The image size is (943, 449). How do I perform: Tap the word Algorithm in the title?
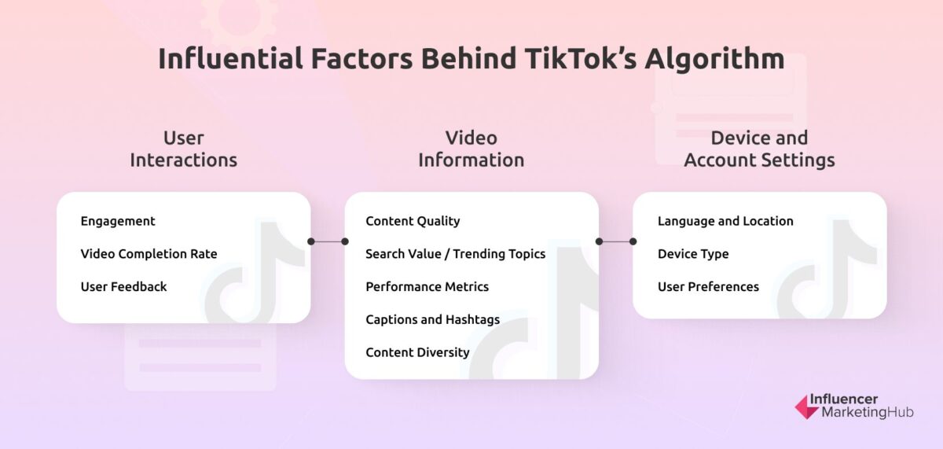coord(714,60)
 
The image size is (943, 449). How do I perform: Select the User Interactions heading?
coord(183,149)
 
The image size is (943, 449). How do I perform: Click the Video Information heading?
coord(471,149)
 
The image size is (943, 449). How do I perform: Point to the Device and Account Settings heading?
coord(759,149)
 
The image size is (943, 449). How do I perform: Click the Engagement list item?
coord(118,221)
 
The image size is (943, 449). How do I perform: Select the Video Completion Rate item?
coord(149,254)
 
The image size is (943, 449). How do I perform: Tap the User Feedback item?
coord(123,287)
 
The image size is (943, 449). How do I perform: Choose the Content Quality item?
coord(413,221)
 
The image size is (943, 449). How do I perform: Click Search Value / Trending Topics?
coord(455,254)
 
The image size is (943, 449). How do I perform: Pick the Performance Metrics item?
coord(427,287)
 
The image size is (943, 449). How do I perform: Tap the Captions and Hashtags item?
coord(432,320)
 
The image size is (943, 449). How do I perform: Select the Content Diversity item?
coord(417,352)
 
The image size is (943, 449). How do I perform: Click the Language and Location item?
coord(725,221)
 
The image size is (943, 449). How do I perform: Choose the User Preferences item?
coord(708,287)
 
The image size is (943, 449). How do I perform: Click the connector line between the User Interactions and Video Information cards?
coord(328,241)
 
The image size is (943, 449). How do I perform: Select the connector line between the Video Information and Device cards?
coord(616,241)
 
